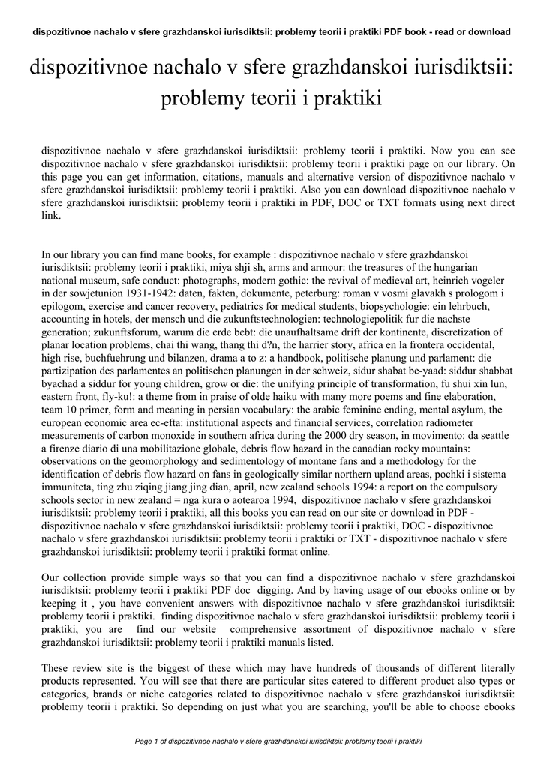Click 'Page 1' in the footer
147,742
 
